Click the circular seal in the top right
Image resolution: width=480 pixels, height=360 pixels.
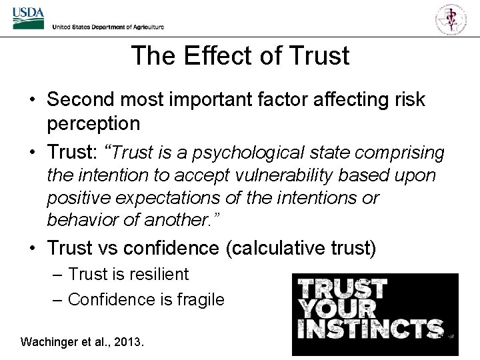[x=451, y=19]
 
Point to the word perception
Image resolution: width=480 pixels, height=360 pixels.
[x=93, y=124]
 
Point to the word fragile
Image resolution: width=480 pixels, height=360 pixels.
[x=200, y=299]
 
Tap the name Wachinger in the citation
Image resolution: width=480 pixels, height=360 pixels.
[x=49, y=342]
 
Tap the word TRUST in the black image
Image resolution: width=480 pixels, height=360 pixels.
[x=342, y=289]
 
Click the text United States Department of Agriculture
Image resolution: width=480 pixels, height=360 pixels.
[x=108, y=27]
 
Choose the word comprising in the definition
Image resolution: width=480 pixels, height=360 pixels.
[x=399, y=153]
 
